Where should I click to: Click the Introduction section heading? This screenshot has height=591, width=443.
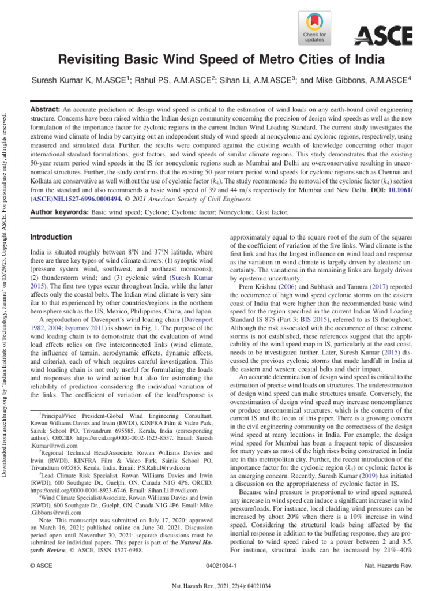point(51,237)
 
